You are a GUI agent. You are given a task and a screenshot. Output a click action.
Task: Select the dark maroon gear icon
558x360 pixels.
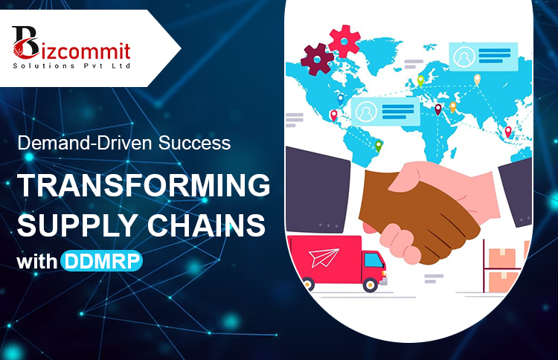click(317, 59)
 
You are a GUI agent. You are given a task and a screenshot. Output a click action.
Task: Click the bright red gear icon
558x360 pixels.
click(344, 38)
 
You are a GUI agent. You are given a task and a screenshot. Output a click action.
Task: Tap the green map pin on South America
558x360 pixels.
click(378, 146)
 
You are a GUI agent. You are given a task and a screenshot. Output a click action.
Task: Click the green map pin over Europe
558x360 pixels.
click(420, 80)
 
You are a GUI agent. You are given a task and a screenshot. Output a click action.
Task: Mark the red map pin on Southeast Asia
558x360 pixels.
click(509, 131)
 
